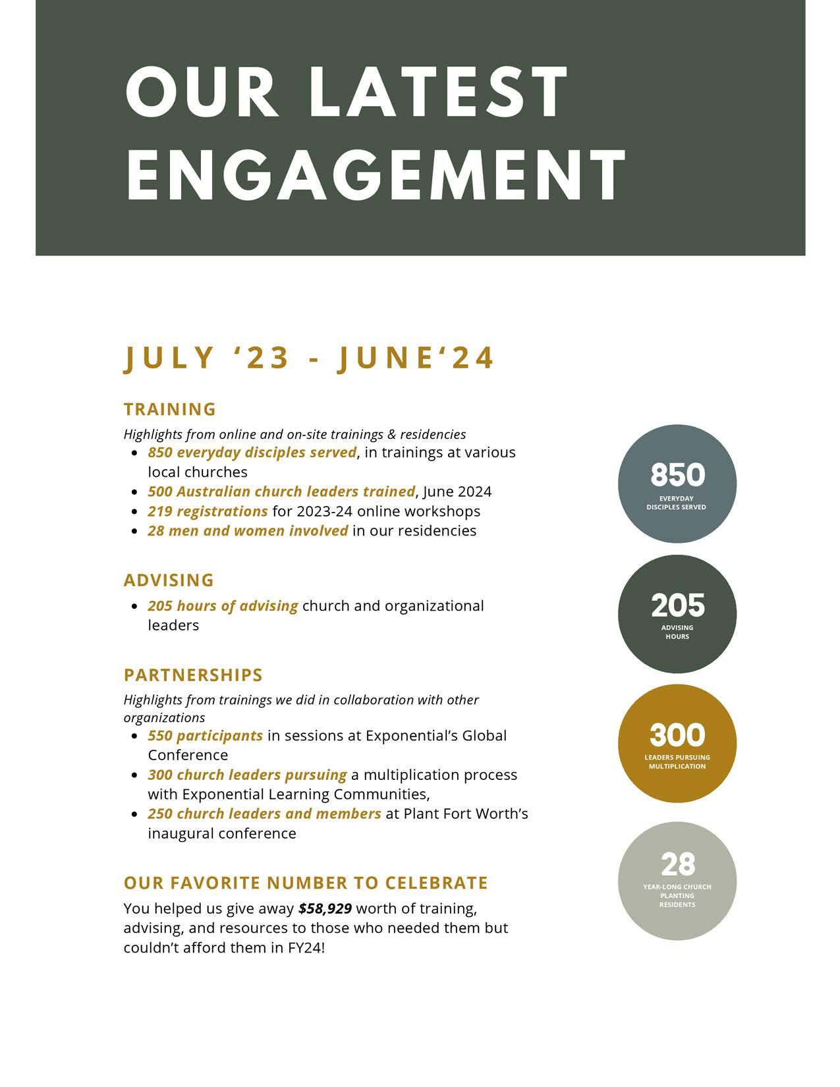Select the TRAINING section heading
point(170,409)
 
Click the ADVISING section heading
point(169,580)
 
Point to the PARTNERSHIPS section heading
point(193,675)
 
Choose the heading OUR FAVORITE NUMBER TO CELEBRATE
point(306,883)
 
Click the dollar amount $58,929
point(325,908)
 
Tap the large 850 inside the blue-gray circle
point(677,475)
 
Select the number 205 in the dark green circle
point(677,605)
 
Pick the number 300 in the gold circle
point(677,735)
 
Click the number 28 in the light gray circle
point(677,864)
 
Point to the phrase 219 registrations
point(208,511)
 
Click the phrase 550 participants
point(205,735)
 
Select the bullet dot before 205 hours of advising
point(134,606)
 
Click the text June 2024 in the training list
point(457,491)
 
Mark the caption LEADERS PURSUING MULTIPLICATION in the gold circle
point(677,762)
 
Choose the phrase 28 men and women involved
point(248,531)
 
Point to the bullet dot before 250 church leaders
point(134,814)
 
